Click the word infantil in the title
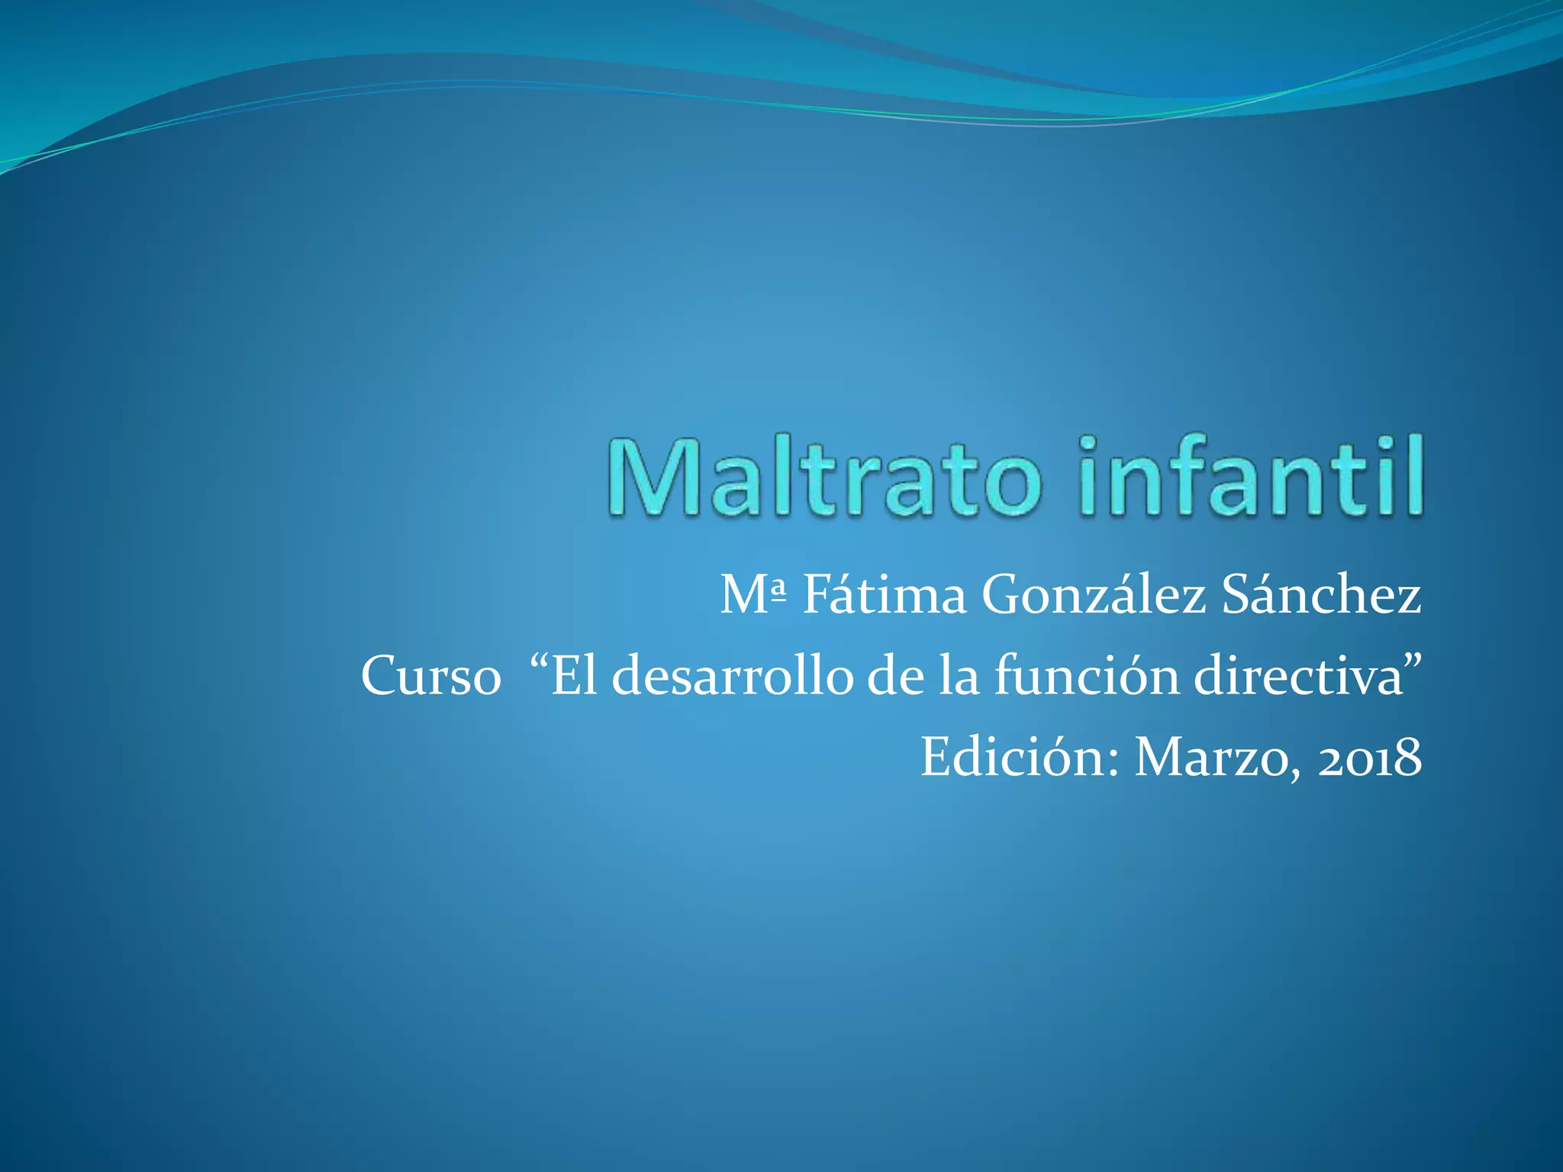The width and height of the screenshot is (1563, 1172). point(1252,478)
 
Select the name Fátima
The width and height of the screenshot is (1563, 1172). point(885,595)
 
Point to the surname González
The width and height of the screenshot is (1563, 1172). point(1094,595)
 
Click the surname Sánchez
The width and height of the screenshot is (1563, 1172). point(1321,595)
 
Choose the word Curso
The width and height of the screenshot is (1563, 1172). point(430,676)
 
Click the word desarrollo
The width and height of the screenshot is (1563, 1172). point(732,676)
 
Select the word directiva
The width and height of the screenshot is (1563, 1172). point(1298,676)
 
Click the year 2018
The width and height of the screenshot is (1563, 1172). point(1370,758)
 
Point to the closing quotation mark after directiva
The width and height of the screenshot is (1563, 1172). point(1413,661)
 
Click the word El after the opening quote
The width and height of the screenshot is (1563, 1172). point(575,676)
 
